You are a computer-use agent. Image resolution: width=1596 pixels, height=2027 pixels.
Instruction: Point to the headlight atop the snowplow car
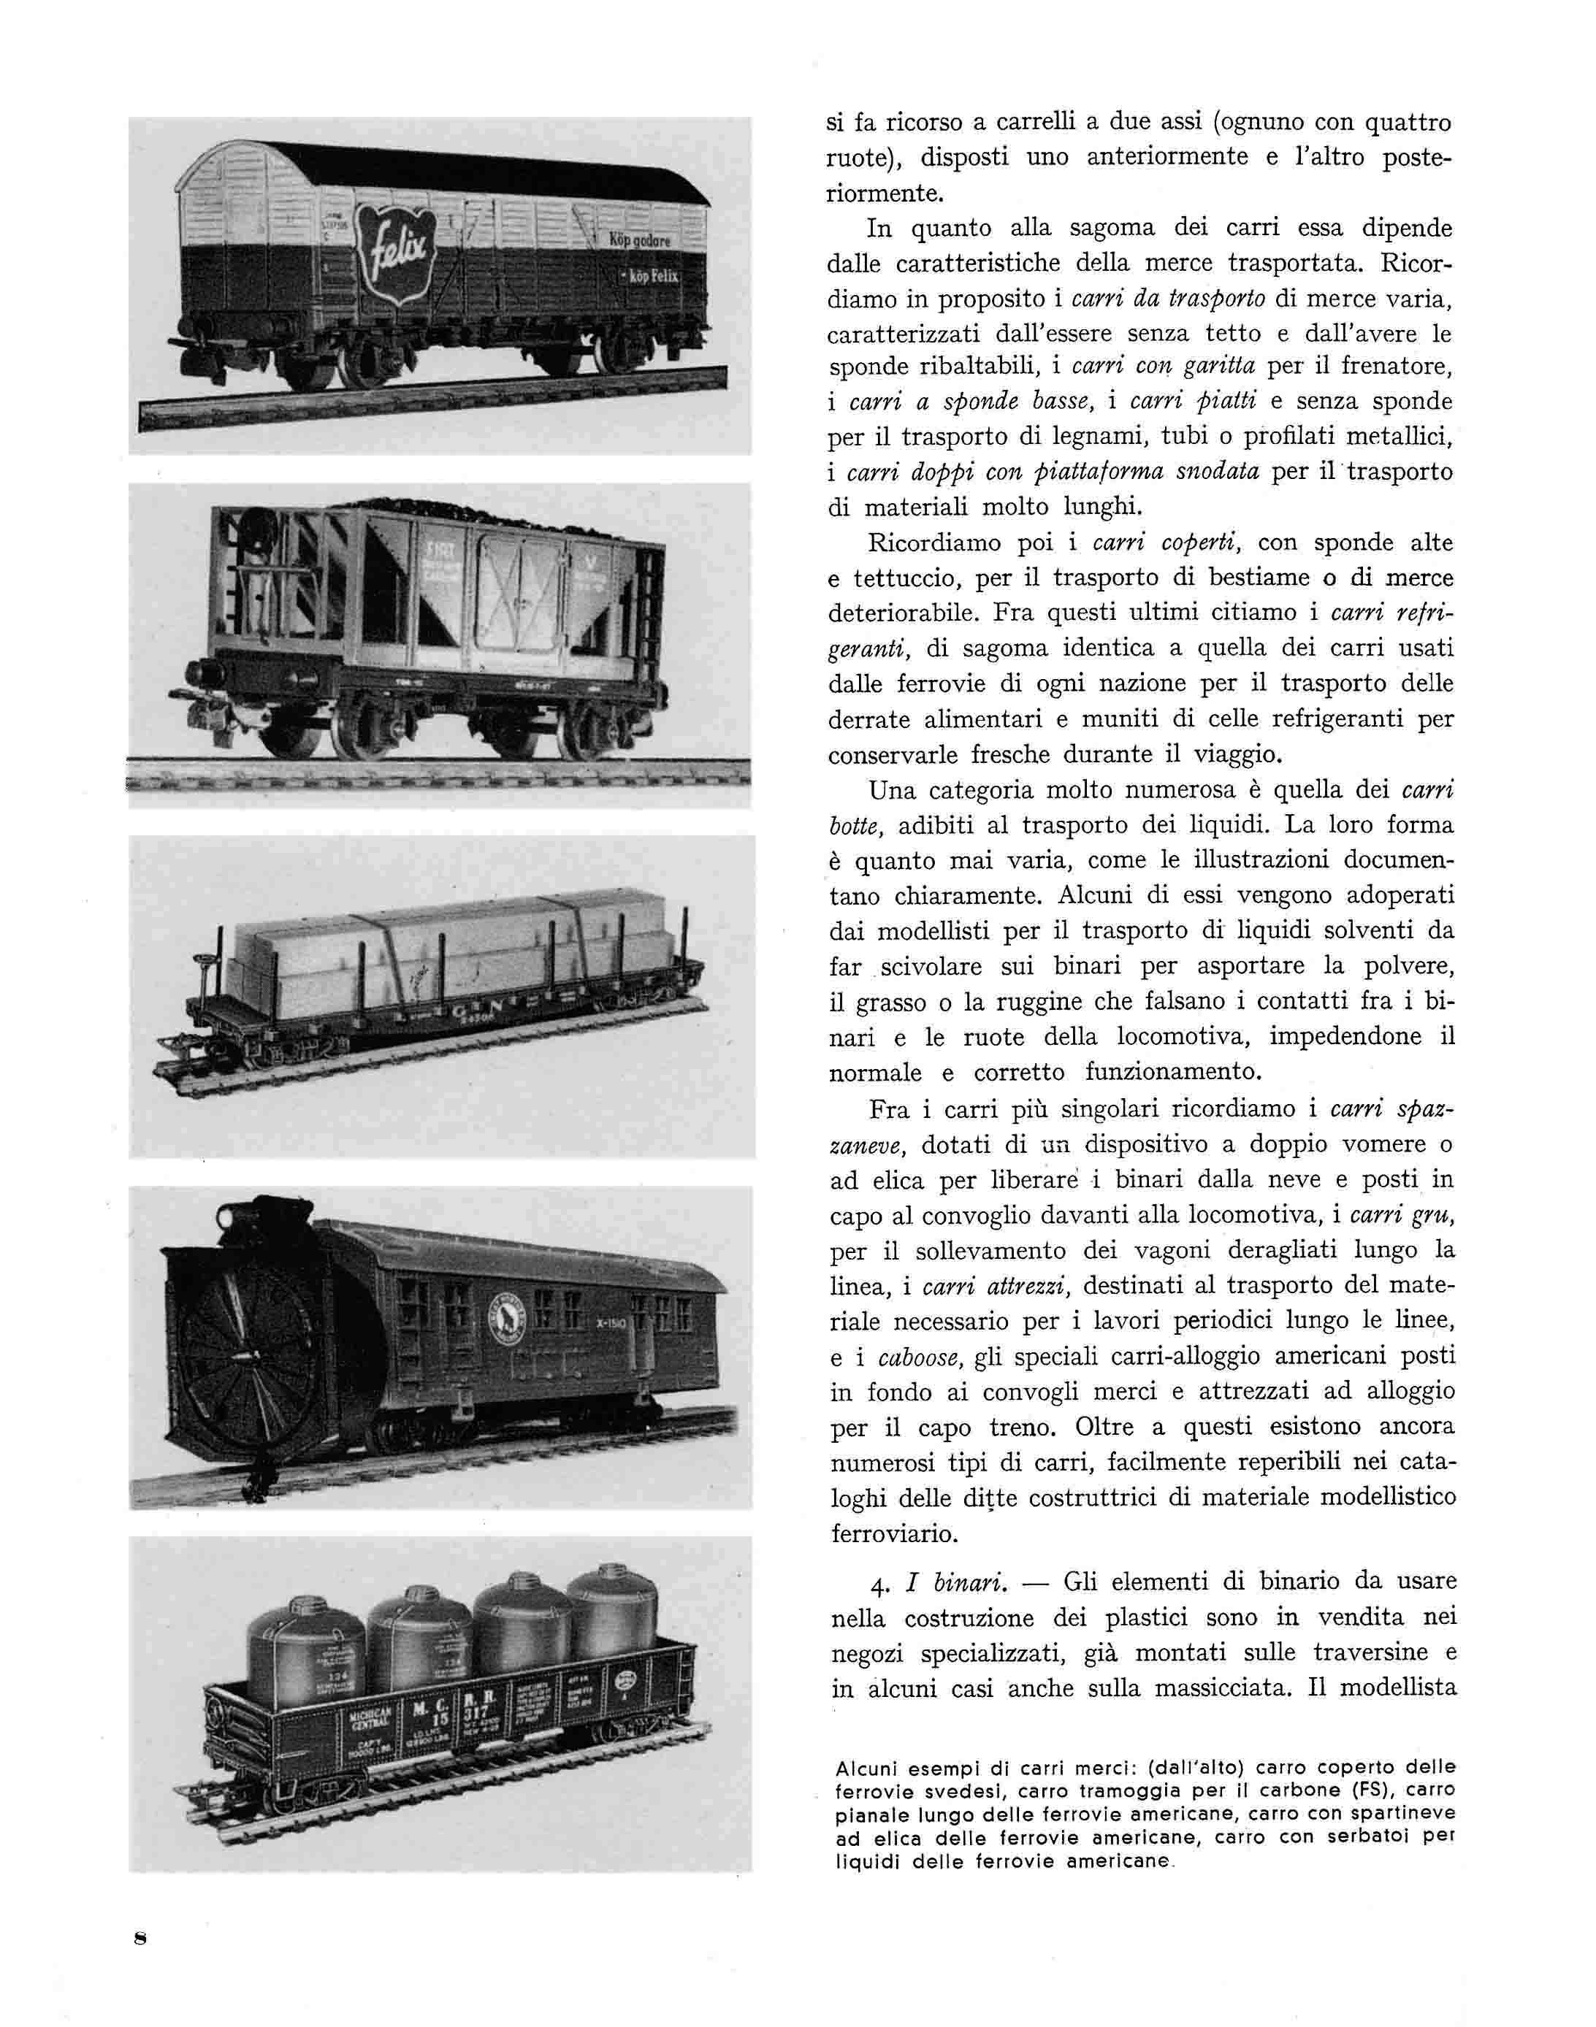point(227,1216)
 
